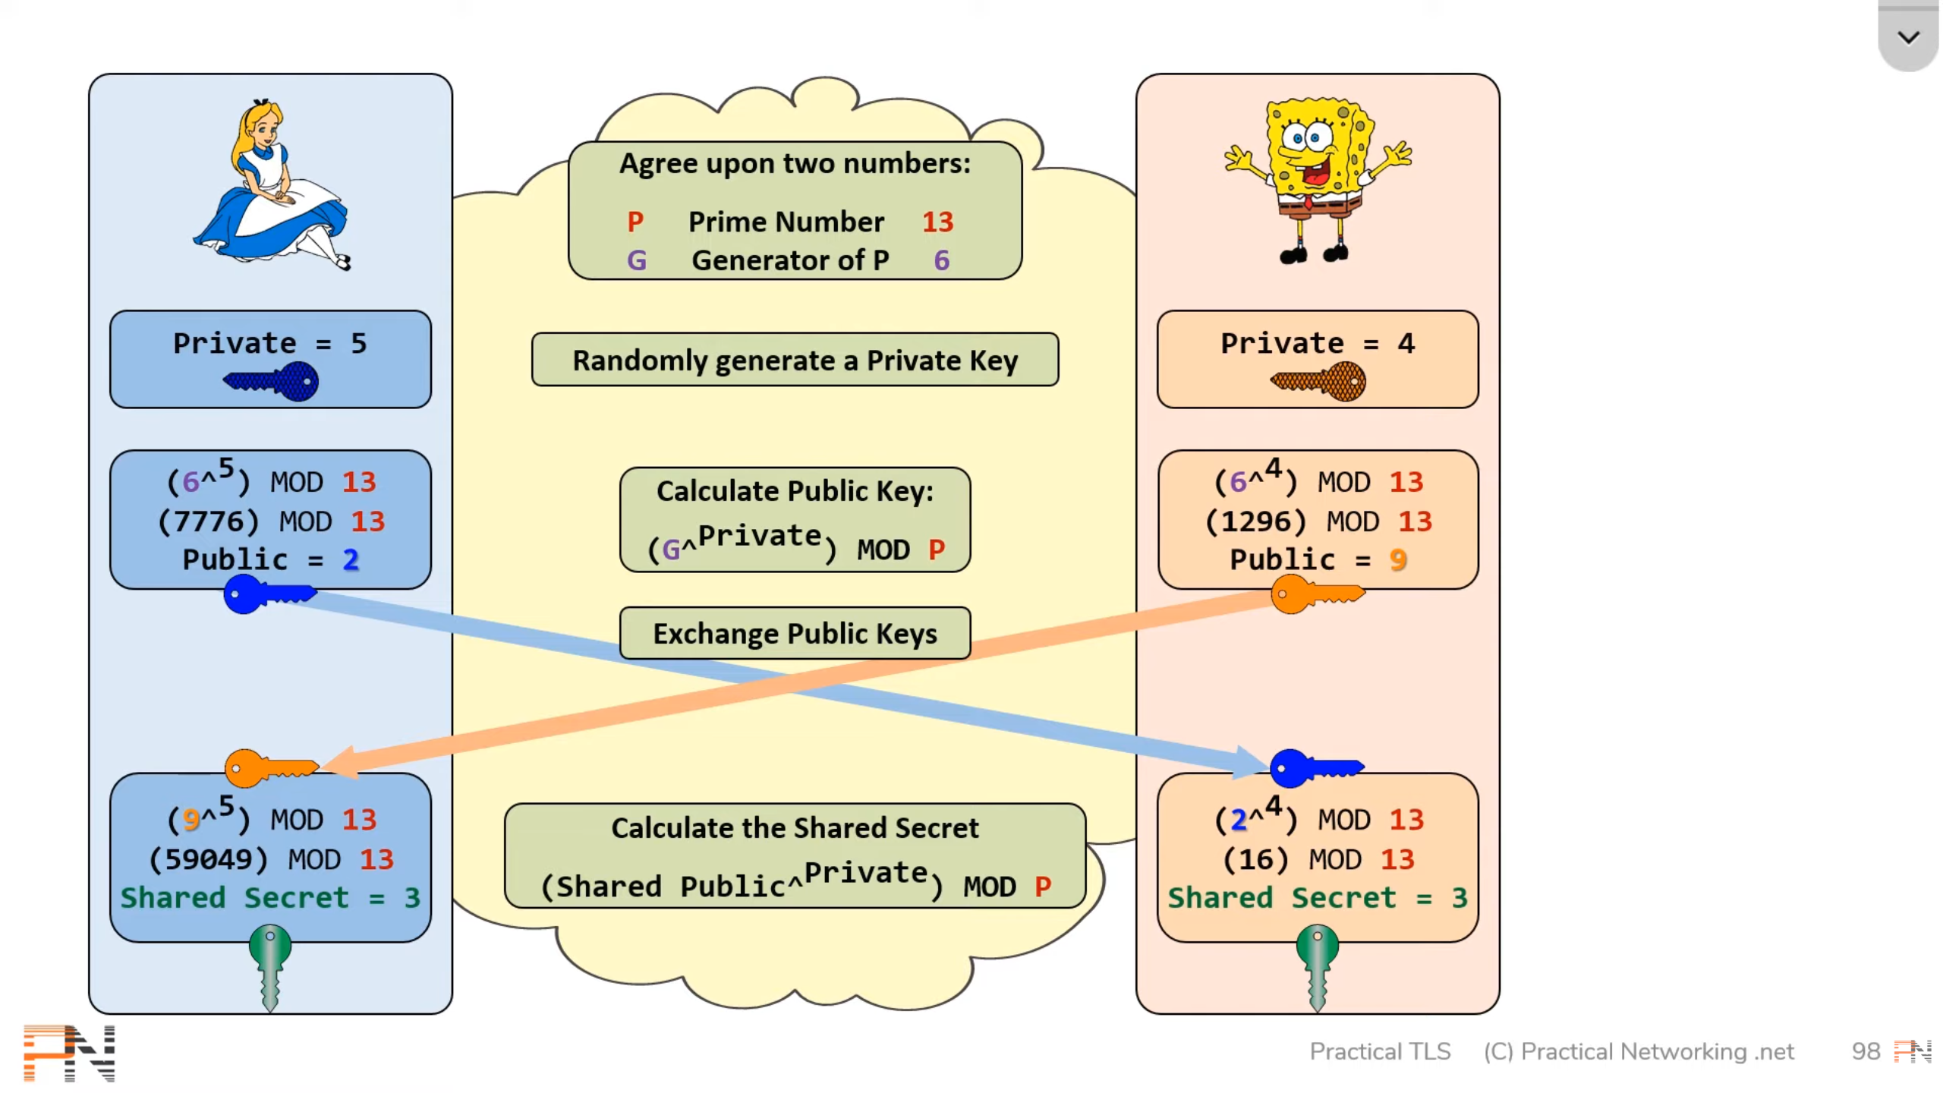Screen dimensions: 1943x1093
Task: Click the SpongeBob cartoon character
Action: tap(1318, 180)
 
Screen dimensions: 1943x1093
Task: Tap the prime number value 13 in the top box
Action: tap(937, 222)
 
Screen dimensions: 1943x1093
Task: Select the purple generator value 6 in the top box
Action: tap(941, 260)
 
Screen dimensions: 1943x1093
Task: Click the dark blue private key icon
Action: tap(271, 381)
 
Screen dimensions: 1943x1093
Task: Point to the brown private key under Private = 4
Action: tap(1318, 381)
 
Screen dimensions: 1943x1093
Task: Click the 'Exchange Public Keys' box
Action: tap(795, 633)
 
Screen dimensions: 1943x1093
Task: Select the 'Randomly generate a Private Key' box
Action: tap(795, 360)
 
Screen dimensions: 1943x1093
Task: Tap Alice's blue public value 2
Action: tap(351, 559)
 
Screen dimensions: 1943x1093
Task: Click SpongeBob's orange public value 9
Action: tap(1398, 559)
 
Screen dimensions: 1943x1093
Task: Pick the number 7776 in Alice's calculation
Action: tap(209, 521)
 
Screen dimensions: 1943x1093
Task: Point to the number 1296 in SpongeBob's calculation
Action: tap(1256, 521)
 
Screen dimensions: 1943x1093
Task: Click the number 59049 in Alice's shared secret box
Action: tap(209, 859)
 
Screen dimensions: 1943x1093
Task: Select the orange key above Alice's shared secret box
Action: tap(272, 768)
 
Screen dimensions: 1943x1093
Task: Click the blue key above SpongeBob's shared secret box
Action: tap(1318, 768)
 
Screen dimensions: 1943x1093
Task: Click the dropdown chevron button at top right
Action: tap(1908, 37)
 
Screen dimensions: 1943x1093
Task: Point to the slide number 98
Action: tap(1866, 1051)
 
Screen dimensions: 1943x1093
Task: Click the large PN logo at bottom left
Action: tap(69, 1053)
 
